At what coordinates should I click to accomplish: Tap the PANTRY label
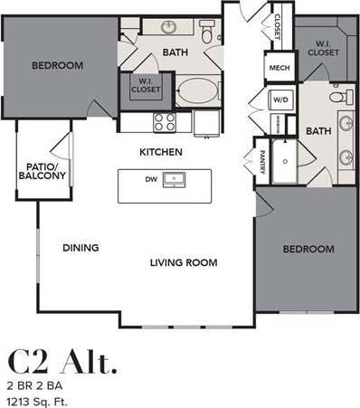point(262,162)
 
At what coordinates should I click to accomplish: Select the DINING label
point(81,247)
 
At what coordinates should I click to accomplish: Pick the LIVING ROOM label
point(185,262)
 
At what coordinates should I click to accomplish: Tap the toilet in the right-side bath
point(338,97)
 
